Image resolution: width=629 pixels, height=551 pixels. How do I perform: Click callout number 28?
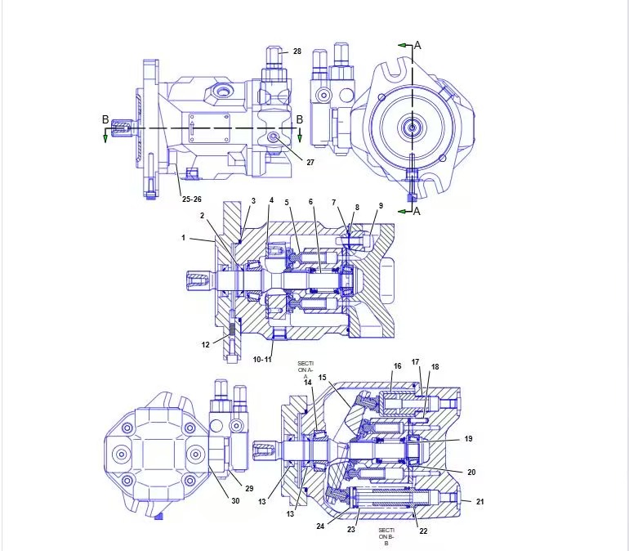coord(297,52)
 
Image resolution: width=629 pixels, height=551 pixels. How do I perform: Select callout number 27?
coord(310,162)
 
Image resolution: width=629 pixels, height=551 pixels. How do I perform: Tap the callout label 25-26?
coord(192,199)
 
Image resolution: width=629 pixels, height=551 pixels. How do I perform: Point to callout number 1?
coord(184,238)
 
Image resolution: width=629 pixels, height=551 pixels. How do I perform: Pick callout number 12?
coord(206,344)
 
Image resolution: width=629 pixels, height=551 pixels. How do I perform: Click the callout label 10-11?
coord(263,359)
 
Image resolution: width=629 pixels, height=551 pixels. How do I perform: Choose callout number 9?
coord(380,205)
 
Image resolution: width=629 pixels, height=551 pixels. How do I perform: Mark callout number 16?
coord(398,366)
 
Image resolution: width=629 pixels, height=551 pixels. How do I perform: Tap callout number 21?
coord(480,501)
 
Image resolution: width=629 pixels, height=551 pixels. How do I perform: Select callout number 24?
coord(320,526)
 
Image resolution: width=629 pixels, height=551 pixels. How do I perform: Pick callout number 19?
coord(469,439)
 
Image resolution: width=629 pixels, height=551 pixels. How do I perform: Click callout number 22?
coord(423,531)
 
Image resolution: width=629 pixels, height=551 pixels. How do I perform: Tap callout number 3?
coord(253,200)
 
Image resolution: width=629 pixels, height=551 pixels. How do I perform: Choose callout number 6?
coord(310,202)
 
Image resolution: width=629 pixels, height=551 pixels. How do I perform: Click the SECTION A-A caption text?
coord(305,369)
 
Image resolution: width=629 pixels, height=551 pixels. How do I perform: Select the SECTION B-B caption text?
coord(386,535)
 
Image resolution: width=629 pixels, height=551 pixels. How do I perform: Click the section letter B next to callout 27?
coord(300,119)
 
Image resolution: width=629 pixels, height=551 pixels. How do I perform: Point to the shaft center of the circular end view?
coord(413,128)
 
